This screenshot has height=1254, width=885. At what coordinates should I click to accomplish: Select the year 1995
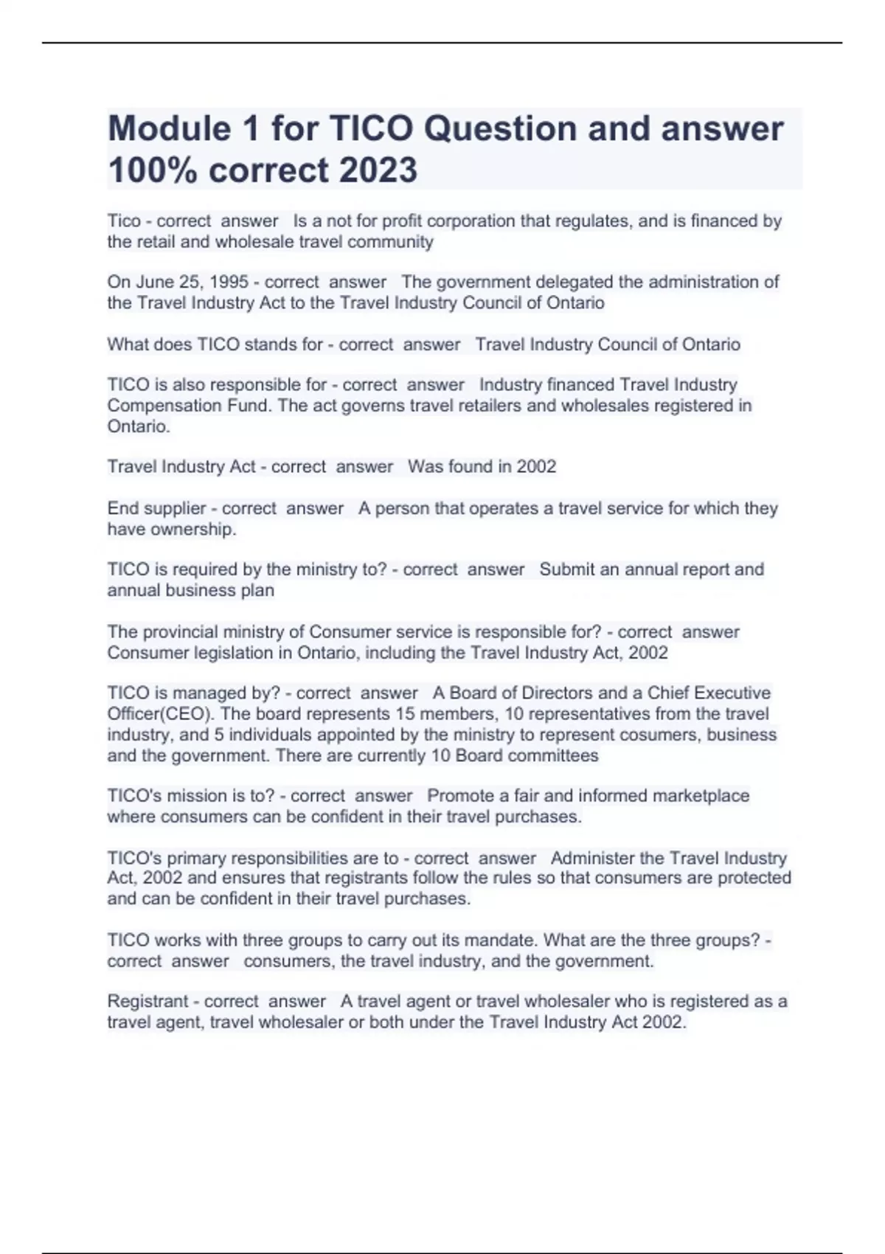coord(229,283)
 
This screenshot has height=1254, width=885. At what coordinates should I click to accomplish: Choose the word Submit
coord(567,569)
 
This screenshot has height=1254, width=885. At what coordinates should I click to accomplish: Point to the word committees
coord(553,756)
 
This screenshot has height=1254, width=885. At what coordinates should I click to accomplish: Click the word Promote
coord(460,796)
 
